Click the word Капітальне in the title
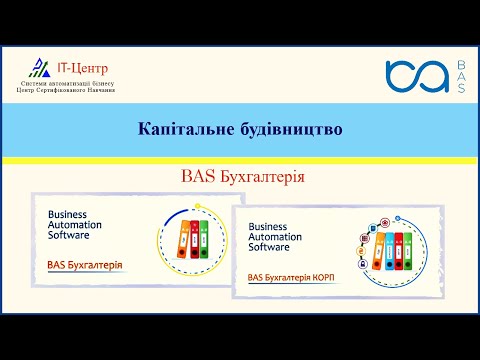181,129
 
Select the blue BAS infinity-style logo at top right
416,76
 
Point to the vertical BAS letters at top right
460,76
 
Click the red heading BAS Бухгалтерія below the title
242,176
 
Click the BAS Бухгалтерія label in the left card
85,265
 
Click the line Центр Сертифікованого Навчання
66,90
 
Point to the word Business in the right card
268,226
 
